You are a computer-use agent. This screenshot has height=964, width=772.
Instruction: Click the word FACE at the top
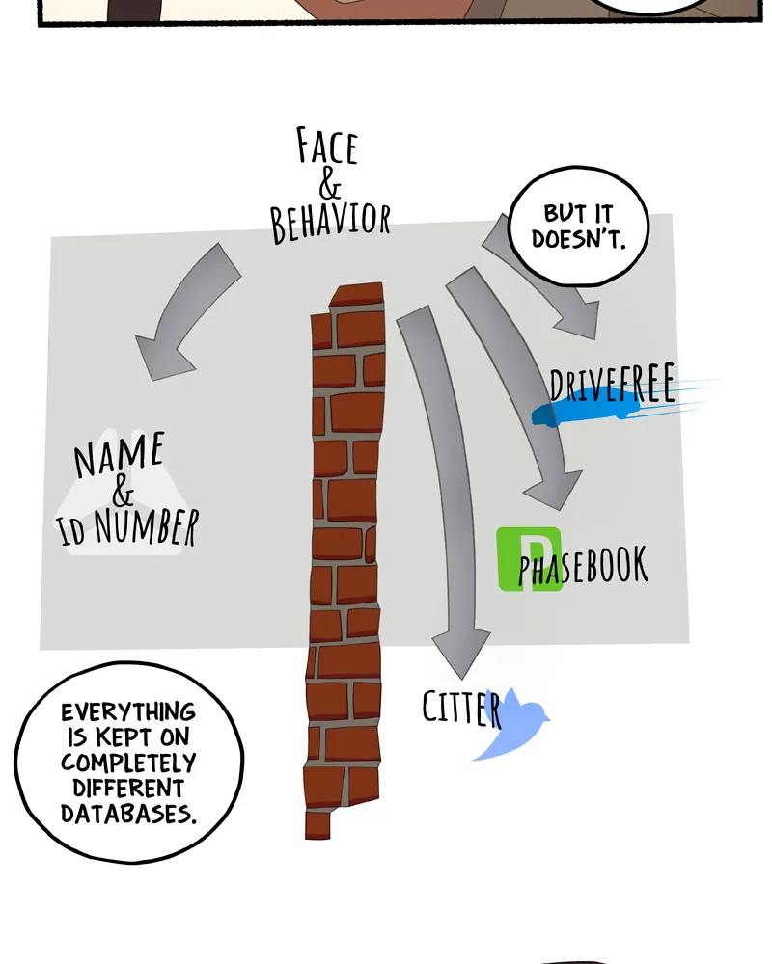[x=326, y=147]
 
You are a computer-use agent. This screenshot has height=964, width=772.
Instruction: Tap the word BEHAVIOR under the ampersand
[x=330, y=222]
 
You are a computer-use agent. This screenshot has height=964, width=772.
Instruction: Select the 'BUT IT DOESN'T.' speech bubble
[x=578, y=227]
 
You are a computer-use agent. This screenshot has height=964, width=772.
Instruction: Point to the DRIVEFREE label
[x=612, y=383]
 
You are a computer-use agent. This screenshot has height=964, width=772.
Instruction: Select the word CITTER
[x=461, y=709]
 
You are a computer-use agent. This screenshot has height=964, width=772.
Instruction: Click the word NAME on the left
[x=120, y=455]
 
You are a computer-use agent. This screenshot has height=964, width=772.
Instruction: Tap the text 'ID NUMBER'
[x=129, y=528]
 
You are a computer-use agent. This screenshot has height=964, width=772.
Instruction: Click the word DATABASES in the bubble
[x=128, y=812]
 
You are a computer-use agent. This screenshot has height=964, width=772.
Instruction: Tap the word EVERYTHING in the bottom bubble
[x=127, y=712]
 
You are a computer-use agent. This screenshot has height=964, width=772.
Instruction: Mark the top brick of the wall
[x=355, y=295]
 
